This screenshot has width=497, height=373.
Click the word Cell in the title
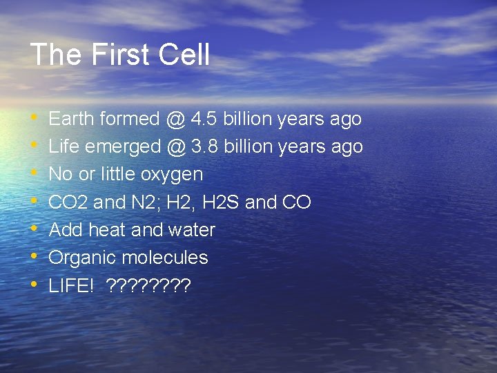(184, 55)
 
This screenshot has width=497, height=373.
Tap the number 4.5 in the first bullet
(203, 119)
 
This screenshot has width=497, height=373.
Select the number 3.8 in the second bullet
(204, 146)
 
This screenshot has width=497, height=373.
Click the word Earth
(72, 119)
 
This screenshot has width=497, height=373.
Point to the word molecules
(165, 258)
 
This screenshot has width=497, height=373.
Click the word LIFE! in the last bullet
(71, 285)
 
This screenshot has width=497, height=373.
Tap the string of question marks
(148, 285)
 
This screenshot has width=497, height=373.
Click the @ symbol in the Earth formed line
(174, 119)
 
